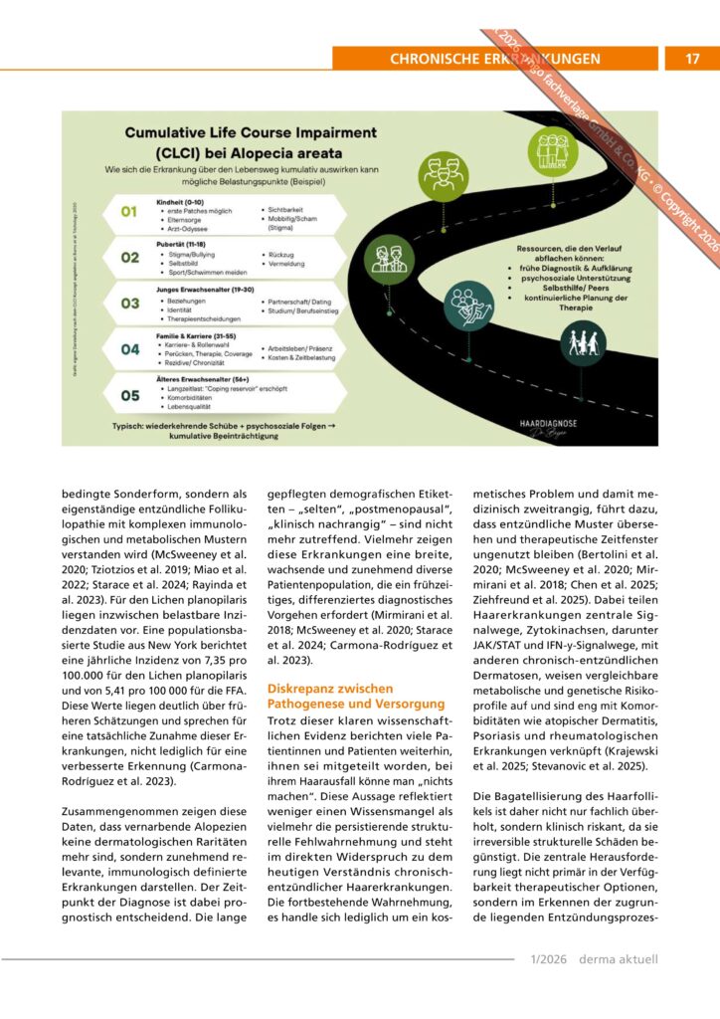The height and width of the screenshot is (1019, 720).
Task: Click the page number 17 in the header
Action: [693, 59]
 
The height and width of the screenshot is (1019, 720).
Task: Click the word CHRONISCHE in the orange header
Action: [428, 59]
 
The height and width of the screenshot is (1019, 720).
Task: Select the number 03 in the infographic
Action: [130, 304]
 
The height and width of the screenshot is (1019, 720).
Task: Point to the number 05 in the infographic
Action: [130, 394]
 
